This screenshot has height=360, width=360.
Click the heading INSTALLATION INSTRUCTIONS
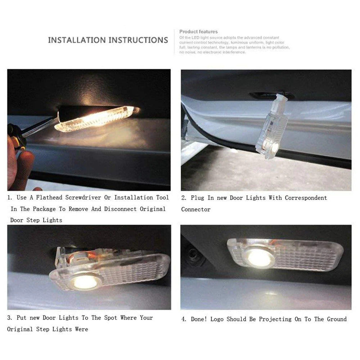108,40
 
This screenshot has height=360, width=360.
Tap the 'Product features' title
198,31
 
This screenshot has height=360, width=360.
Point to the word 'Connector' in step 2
196,209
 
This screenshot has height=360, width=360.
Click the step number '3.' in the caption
9,318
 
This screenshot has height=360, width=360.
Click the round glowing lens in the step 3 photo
86,282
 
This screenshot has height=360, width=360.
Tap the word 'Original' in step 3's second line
21,329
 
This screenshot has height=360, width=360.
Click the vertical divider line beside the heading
174,41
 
